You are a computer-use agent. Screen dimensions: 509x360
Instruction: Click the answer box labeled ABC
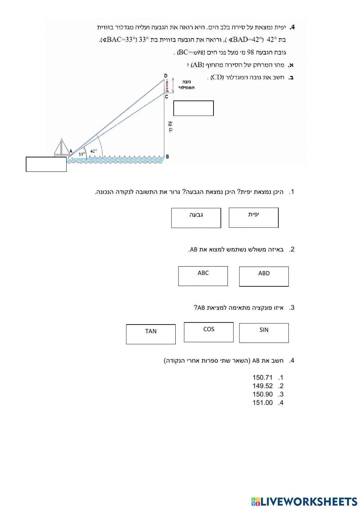pos(203,276)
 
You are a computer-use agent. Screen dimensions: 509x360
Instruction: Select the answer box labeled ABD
pos(264,276)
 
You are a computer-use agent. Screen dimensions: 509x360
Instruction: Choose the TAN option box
pos(151,334)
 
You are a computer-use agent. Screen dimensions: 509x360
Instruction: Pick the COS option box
pos(209,332)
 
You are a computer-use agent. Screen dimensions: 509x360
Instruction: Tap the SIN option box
pos(264,332)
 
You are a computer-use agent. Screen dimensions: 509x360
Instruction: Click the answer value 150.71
pos(263,378)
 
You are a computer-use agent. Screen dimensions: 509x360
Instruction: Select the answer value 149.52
pos(263,386)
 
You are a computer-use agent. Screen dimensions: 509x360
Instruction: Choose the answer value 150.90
pos(263,394)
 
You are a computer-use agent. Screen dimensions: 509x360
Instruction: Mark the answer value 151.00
pos(263,403)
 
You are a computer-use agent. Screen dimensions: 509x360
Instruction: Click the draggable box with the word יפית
pos(254,218)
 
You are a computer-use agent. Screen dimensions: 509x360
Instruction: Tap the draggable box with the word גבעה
pos(196,218)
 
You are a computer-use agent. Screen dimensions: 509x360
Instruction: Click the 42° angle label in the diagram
pos(94,151)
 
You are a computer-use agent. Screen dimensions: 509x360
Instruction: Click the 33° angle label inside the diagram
pos(82,154)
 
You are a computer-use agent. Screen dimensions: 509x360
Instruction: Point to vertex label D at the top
pos(166,75)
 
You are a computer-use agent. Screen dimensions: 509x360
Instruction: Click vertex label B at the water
pos(167,157)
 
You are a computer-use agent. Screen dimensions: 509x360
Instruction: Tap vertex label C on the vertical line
pos(167,97)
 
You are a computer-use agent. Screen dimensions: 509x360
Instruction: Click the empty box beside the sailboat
pos(46,164)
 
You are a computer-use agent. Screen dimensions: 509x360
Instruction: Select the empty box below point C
pos(194,108)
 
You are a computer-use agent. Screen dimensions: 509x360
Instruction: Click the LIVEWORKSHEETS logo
pos(304,501)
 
